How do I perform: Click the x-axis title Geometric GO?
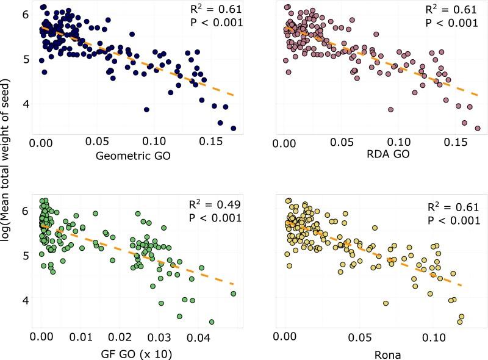pyautogui.click(x=133, y=157)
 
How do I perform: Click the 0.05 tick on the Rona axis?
pyautogui.click(x=360, y=336)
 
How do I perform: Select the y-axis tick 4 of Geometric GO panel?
pyautogui.click(x=24, y=104)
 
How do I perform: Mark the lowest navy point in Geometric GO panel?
pyautogui.click(x=233, y=128)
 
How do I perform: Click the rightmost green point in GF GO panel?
pyautogui.click(x=233, y=293)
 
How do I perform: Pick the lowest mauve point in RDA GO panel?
pyautogui.click(x=478, y=128)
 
